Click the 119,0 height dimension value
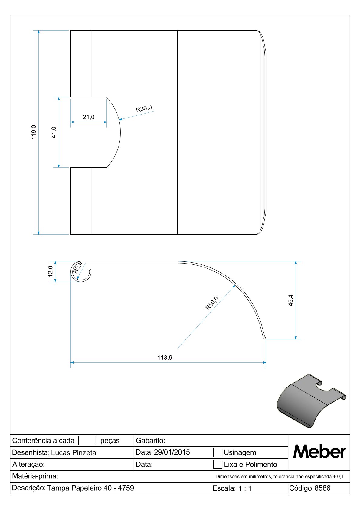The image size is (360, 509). (34, 132)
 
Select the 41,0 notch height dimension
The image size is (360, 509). (54, 132)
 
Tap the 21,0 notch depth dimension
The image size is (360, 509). (88, 117)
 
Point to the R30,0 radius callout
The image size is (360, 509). (144, 109)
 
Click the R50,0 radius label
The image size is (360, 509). (212, 303)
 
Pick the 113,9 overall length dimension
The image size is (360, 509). (165, 358)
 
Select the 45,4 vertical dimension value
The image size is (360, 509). (291, 300)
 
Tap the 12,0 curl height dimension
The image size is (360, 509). (50, 271)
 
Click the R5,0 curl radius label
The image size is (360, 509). (77, 267)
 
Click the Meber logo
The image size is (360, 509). (319, 452)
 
